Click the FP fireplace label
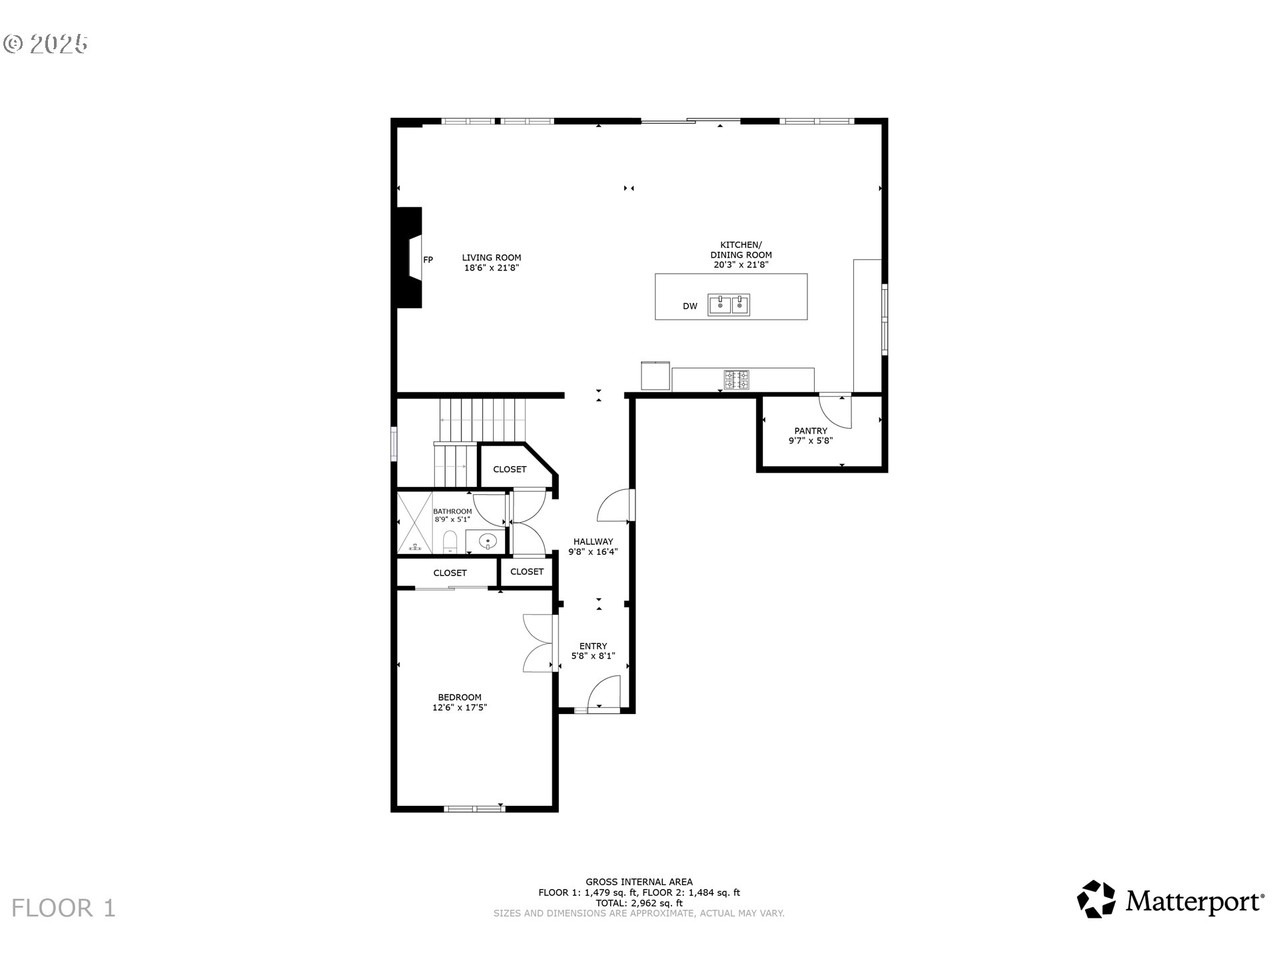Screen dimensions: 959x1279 (428, 260)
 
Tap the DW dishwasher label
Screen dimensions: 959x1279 (690, 306)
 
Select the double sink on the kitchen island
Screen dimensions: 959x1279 (729, 304)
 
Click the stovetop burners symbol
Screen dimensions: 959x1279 (736, 380)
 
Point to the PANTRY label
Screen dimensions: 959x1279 (811, 431)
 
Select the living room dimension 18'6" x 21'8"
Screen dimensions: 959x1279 (492, 268)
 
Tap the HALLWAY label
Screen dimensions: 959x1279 (593, 541)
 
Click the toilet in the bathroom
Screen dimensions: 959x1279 (450, 542)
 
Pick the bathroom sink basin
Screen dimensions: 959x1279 (489, 541)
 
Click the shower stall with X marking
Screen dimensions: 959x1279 (414, 523)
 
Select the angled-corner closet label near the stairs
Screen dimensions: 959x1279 (510, 469)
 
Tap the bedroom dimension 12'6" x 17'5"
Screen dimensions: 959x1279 (460, 707)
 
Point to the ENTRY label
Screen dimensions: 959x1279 (593, 646)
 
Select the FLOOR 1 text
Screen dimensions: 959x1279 (63, 908)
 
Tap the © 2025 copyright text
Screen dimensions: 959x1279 (45, 44)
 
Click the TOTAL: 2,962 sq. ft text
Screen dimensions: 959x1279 (639, 903)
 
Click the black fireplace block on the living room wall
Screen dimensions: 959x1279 (408, 257)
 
